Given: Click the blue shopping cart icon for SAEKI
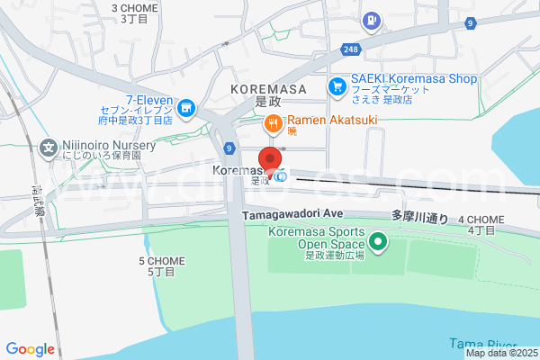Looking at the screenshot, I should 337,86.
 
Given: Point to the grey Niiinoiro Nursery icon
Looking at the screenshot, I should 48,148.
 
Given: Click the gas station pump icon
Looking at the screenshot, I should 370,20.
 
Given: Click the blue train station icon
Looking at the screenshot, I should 282,176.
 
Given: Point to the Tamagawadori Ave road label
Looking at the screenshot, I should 293,214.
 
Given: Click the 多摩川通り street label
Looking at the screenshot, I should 419,217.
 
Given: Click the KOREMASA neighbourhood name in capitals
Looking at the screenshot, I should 268,90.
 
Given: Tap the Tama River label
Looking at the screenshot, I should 481,344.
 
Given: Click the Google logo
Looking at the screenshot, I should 31,349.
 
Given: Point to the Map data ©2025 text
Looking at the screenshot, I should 500,353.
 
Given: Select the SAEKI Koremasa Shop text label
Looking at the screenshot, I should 415,79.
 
